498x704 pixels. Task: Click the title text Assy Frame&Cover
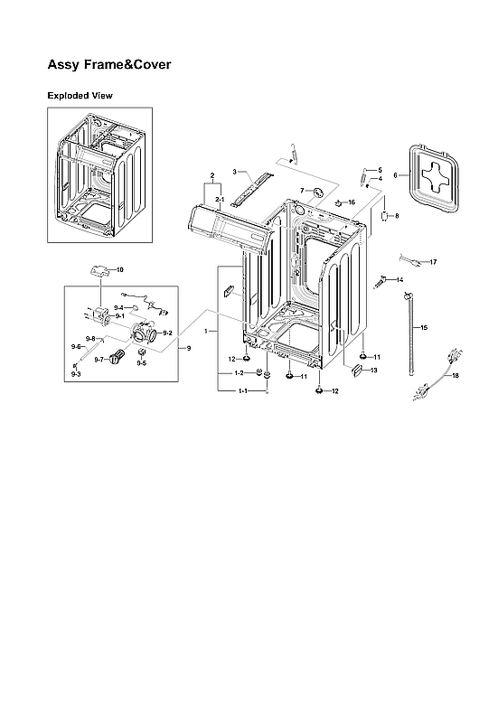(108, 65)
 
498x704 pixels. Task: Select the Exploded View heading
(80, 95)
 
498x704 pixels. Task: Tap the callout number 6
(395, 174)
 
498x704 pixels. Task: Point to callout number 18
(456, 375)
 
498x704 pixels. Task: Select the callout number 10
(119, 269)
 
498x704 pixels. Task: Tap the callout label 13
(372, 371)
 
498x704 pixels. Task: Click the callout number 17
(433, 262)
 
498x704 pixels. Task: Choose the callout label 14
(399, 279)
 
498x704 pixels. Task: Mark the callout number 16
(352, 202)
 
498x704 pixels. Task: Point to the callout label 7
(302, 191)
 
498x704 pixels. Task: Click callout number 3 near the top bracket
(234, 171)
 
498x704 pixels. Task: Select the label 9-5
(141, 363)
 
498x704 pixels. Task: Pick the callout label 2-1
(219, 198)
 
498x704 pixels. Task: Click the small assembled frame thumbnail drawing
(99, 174)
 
